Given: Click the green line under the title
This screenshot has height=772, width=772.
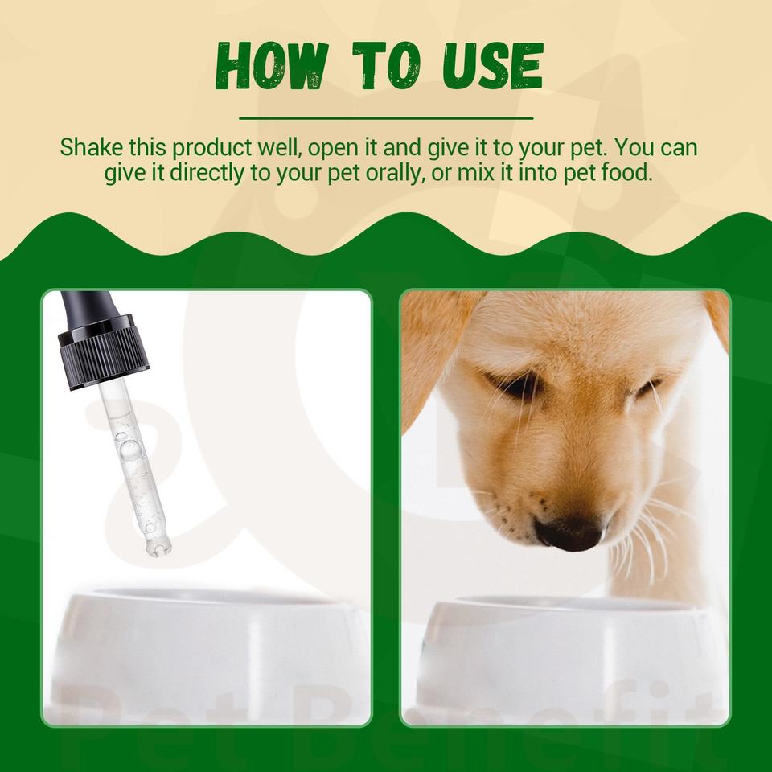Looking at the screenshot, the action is [x=386, y=118].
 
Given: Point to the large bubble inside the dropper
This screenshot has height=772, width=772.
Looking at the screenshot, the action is [x=129, y=449].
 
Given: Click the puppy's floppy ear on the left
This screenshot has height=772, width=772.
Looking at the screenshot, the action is [x=433, y=355].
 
